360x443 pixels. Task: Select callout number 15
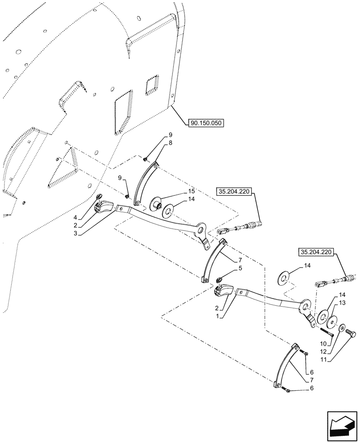click(x=191, y=191)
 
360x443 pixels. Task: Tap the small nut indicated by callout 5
click(x=219, y=279)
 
